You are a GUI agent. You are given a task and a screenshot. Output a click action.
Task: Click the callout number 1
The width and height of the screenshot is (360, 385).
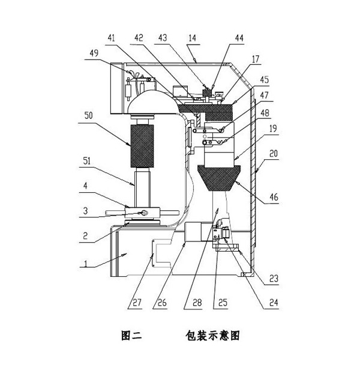coord(86,264)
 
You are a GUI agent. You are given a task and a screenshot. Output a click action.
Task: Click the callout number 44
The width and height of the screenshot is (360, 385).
coord(239,37)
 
